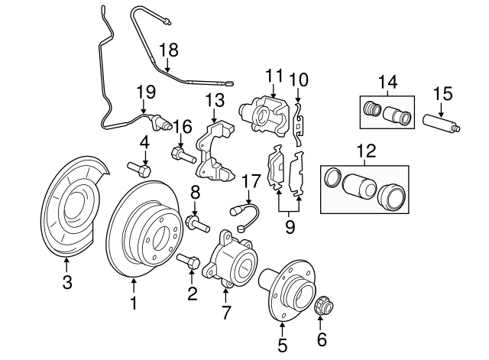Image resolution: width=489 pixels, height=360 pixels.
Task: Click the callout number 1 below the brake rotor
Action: point(134,304)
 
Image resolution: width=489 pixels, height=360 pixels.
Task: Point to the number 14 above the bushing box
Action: point(388,80)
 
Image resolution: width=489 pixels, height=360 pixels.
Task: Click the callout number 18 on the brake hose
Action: point(168,51)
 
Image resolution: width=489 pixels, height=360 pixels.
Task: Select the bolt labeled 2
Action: point(187,261)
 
